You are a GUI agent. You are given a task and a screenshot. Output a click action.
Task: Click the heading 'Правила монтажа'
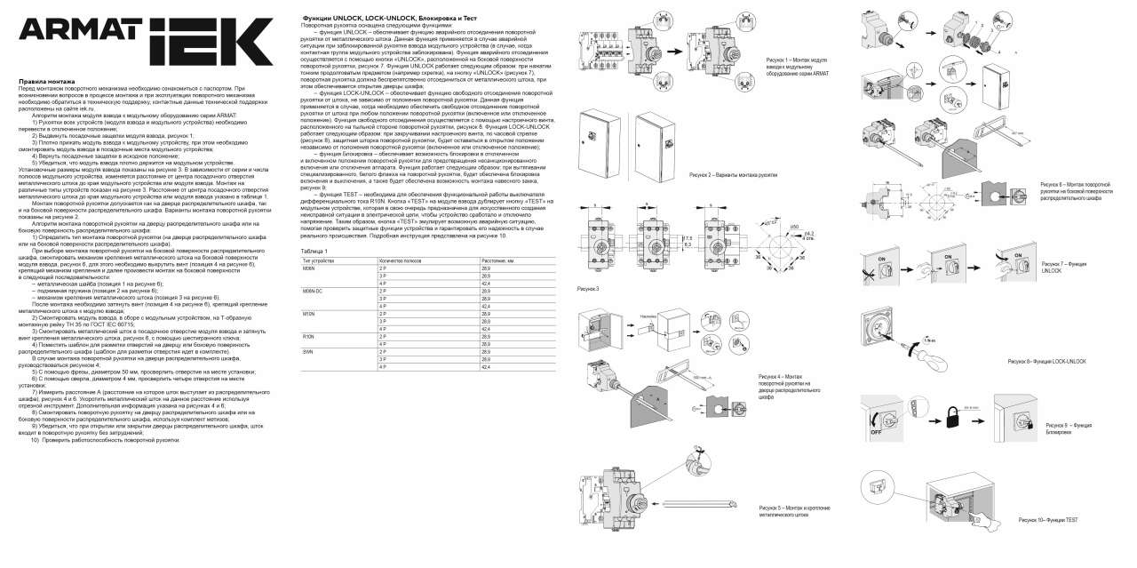pyautogui.click(x=42, y=81)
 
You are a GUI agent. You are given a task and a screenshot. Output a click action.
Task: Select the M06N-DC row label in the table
pyautogui.click(x=313, y=291)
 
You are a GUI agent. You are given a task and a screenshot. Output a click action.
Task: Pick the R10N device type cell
pyautogui.click(x=309, y=337)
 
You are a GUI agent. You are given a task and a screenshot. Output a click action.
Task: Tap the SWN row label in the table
pyautogui.click(x=308, y=352)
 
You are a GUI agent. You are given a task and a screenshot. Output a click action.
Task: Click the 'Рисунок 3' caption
pyautogui.click(x=588, y=289)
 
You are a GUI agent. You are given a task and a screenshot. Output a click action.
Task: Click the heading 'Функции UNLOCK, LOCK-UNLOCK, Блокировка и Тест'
pyautogui.click(x=378, y=18)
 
